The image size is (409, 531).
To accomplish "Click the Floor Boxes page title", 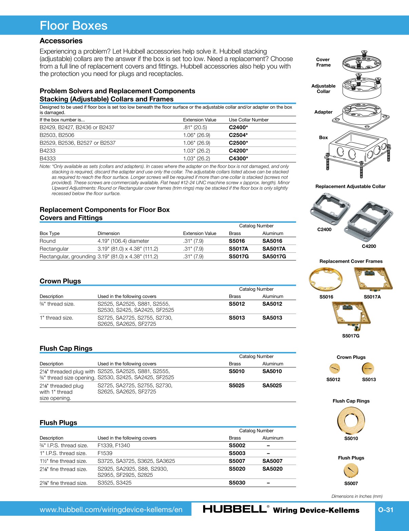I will click(74, 26).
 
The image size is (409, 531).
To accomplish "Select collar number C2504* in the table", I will click(238, 135).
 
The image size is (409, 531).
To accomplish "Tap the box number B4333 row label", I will click(47, 158).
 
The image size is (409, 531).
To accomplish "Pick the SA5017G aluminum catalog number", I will click(274, 256).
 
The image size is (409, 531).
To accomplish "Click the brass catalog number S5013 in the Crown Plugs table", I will click(237, 318).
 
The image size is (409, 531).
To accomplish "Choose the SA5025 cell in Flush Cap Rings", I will click(272, 386).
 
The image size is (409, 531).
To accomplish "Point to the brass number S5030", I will click(237, 483).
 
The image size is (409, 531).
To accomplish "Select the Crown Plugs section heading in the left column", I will click(60, 281).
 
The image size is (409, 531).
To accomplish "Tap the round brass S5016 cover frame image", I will click(326, 280).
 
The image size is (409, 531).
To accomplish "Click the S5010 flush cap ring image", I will click(351, 420).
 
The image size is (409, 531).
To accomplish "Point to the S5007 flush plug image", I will click(351, 470).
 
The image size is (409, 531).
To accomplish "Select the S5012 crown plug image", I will click(334, 368).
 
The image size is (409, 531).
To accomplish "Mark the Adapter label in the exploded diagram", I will click(323, 112).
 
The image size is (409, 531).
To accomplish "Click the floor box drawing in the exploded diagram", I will click(358, 149).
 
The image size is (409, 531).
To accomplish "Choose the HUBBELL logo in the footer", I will click(235, 509).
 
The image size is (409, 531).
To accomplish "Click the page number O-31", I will click(386, 510).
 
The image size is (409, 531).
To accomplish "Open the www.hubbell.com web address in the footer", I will click(111, 510).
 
